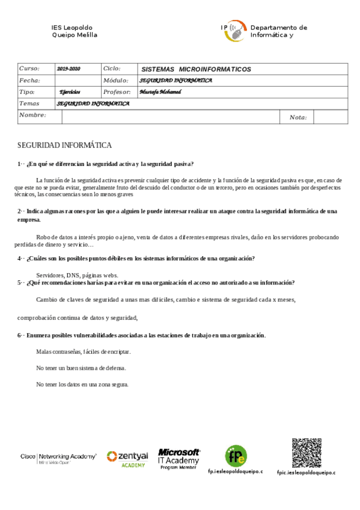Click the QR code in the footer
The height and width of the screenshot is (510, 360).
[x=307, y=453]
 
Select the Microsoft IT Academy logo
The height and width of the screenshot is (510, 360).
[x=178, y=458]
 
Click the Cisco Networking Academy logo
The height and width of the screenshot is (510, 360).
[x=58, y=458]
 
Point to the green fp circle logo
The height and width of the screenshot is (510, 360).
[x=236, y=455]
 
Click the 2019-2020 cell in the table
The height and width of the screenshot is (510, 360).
[x=69, y=69]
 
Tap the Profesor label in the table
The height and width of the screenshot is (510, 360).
[x=117, y=92]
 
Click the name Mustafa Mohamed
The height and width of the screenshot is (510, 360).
[x=160, y=92]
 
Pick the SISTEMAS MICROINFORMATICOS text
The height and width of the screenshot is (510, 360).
[x=195, y=69]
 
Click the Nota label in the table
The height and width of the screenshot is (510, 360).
[x=298, y=117]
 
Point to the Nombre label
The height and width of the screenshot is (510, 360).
[x=32, y=114]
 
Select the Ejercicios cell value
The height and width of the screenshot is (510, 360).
[x=70, y=92]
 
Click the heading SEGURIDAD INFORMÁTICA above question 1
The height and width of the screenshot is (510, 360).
[x=64, y=146]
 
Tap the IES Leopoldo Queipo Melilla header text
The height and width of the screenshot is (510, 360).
[x=74, y=31]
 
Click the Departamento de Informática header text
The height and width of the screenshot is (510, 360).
[x=278, y=31]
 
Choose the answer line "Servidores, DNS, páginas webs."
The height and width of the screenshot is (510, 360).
[x=77, y=275]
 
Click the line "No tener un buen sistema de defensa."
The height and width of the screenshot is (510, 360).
[x=81, y=367]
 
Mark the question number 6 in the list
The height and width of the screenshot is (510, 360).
[x=19, y=335]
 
